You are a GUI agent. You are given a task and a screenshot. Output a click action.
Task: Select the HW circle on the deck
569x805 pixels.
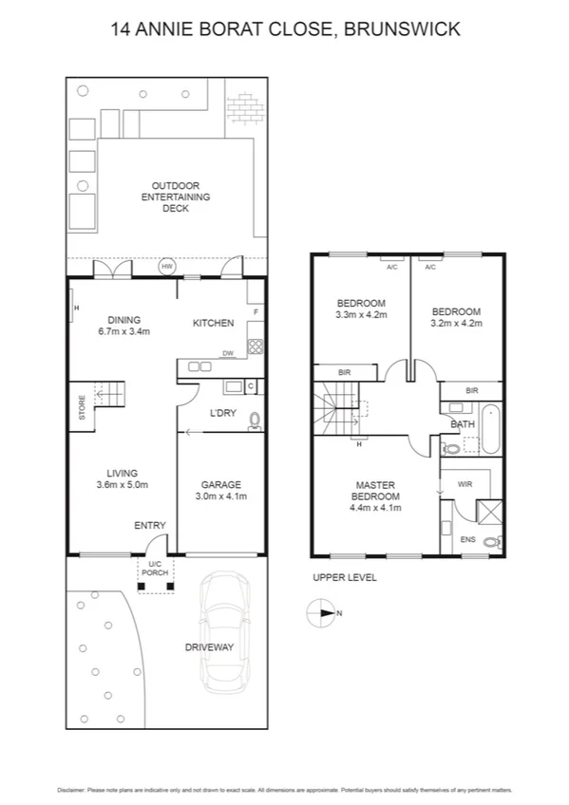pyautogui.click(x=167, y=267)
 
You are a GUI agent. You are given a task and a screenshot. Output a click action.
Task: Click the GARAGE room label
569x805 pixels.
pyautogui.click(x=218, y=484)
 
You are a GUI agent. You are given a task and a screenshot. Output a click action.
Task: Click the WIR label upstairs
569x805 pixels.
pyautogui.click(x=465, y=484)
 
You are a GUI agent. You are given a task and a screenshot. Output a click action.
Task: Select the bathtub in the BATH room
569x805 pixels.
pyautogui.click(x=490, y=429)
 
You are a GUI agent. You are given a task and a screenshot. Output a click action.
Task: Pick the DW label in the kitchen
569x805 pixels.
pyautogui.click(x=228, y=354)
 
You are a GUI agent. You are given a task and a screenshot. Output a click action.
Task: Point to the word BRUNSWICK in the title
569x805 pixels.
pyautogui.click(x=402, y=29)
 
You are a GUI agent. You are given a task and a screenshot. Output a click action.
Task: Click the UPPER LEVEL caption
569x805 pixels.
pyautogui.click(x=344, y=577)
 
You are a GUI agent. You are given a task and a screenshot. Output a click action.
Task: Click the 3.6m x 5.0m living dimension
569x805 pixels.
pyautogui.click(x=123, y=485)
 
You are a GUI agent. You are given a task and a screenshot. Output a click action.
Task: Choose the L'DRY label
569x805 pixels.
pyautogui.click(x=222, y=413)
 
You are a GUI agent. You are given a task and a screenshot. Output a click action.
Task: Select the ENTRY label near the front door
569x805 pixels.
pyautogui.click(x=150, y=525)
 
